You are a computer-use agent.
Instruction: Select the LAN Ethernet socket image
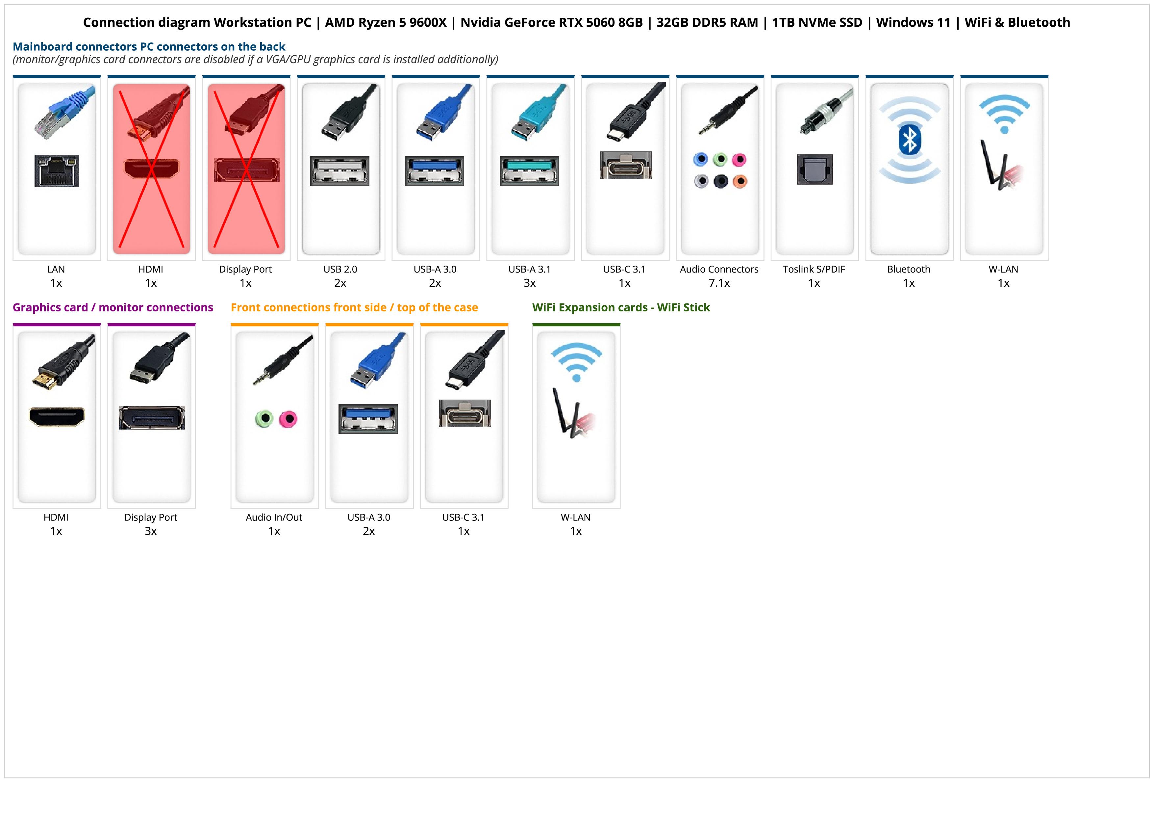pos(57,171)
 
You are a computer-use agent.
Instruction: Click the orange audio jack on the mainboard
pos(740,181)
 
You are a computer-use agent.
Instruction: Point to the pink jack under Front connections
pos(288,419)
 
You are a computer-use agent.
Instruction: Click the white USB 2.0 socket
pos(340,171)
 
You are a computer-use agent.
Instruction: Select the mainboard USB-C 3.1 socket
pos(625,165)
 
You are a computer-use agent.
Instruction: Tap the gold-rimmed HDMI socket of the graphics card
pos(57,417)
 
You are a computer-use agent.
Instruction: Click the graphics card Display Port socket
pos(152,418)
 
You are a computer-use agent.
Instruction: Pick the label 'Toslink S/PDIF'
pos(814,270)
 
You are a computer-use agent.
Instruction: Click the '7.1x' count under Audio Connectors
pos(719,283)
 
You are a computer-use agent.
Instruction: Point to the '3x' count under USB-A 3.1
pos(530,283)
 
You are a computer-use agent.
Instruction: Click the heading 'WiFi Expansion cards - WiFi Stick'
pos(621,308)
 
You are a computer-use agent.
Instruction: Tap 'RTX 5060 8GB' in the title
pos(601,23)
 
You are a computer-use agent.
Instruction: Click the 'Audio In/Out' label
pos(274,517)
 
